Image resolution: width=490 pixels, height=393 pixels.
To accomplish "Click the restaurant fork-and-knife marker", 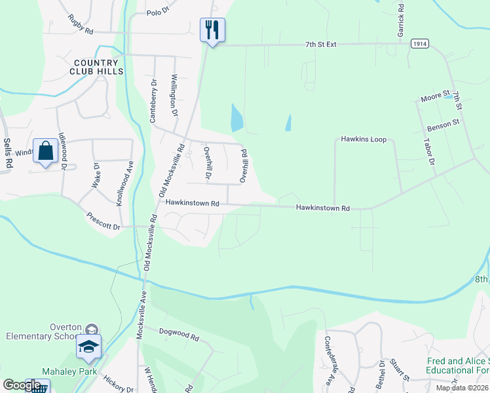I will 212,30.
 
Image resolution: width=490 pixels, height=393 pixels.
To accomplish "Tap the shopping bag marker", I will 45,151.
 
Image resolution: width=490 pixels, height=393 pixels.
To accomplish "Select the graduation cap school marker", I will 88,347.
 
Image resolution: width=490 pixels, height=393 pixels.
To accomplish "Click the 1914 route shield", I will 420,43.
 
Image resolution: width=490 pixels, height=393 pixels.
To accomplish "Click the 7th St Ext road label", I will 320,45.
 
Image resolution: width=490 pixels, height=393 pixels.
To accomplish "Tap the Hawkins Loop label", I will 364,140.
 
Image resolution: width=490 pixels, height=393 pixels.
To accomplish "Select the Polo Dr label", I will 158,12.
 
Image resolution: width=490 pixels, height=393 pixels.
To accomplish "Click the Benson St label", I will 443,122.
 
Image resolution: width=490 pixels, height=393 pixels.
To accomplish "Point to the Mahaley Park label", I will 65,371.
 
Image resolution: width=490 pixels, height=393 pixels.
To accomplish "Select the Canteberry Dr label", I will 153,101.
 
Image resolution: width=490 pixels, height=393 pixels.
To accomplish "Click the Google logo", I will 22,385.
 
